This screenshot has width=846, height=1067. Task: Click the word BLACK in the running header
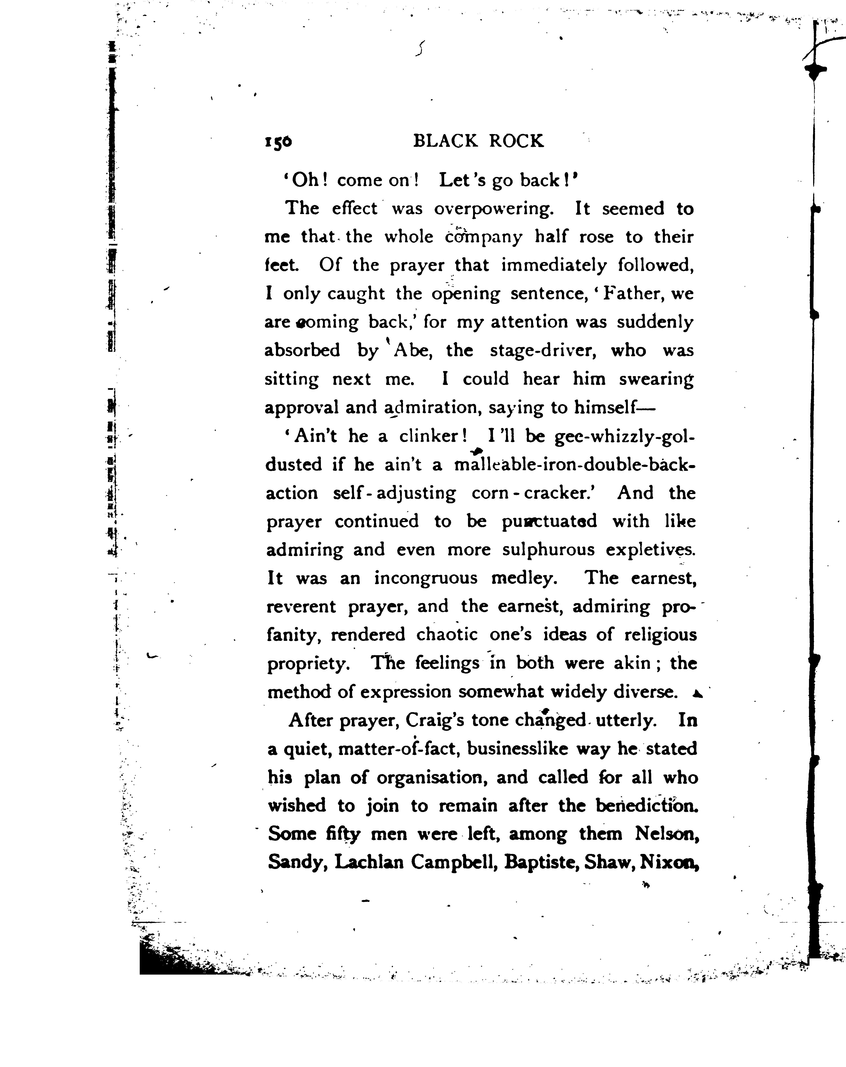445,142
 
